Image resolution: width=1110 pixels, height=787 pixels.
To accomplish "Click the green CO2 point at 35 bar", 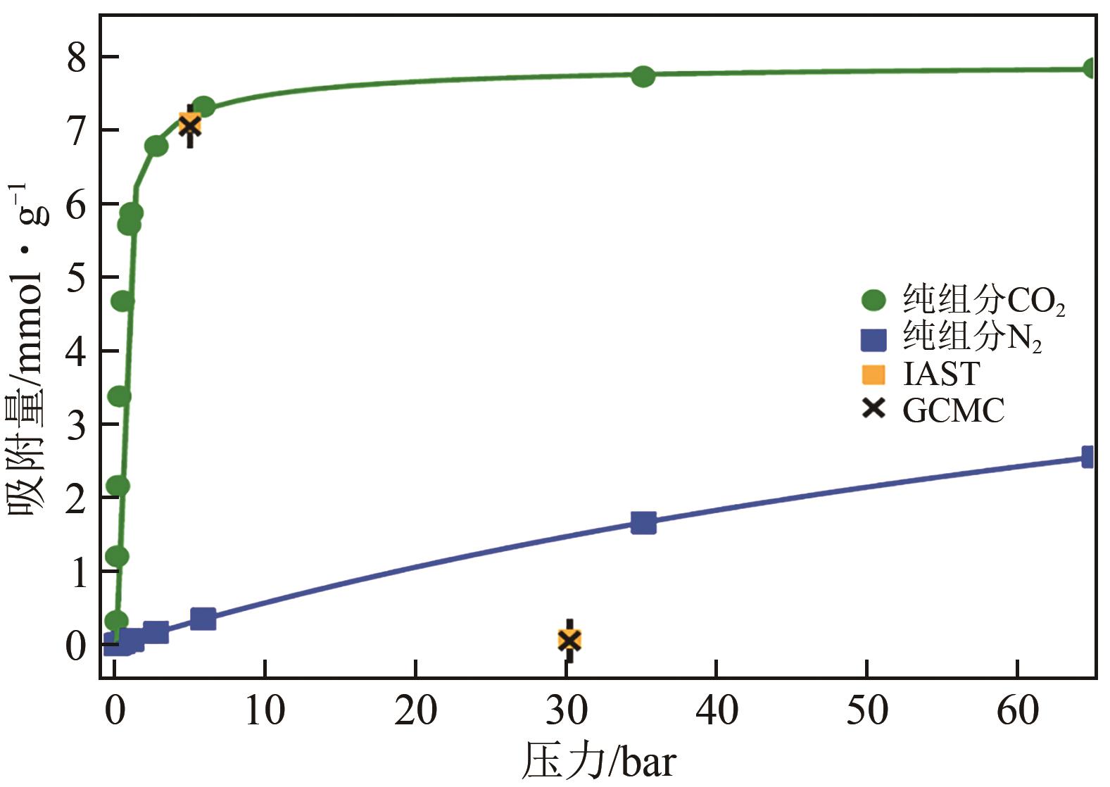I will pyautogui.click(x=643, y=76).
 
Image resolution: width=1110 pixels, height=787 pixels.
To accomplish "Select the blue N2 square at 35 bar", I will pyautogui.click(x=643, y=523).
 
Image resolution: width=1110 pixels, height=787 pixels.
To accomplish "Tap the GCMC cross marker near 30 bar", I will pyautogui.click(x=569, y=640).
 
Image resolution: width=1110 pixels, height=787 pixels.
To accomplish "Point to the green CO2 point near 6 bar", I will pyautogui.click(x=203, y=107).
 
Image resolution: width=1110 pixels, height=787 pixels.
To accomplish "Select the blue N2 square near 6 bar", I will pyautogui.click(x=203, y=619).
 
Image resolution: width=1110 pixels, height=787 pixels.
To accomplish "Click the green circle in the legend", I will pyautogui.click(x=874, y=301).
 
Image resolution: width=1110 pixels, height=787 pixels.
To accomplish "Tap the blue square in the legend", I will pyautogui.click(x=874, y=339).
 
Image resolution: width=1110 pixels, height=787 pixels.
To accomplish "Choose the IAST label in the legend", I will pyautogui.click(x=940, y=374).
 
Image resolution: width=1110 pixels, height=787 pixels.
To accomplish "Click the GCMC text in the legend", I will pyautogui.click(x=953, y=410).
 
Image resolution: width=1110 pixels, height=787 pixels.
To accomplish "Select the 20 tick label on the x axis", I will pyautogui.click(x=415, y=711).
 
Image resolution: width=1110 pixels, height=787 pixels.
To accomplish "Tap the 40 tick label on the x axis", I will pyautogui.click(x=717, y=711).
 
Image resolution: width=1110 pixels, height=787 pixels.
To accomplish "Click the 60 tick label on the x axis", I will pyautogui.click(x=1018, y=711).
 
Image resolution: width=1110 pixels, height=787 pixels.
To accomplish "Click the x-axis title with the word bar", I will pyautogui.click(x=599, y=762).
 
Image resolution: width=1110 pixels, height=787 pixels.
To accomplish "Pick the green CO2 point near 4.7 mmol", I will pyautogui.click(x=122, y=301).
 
